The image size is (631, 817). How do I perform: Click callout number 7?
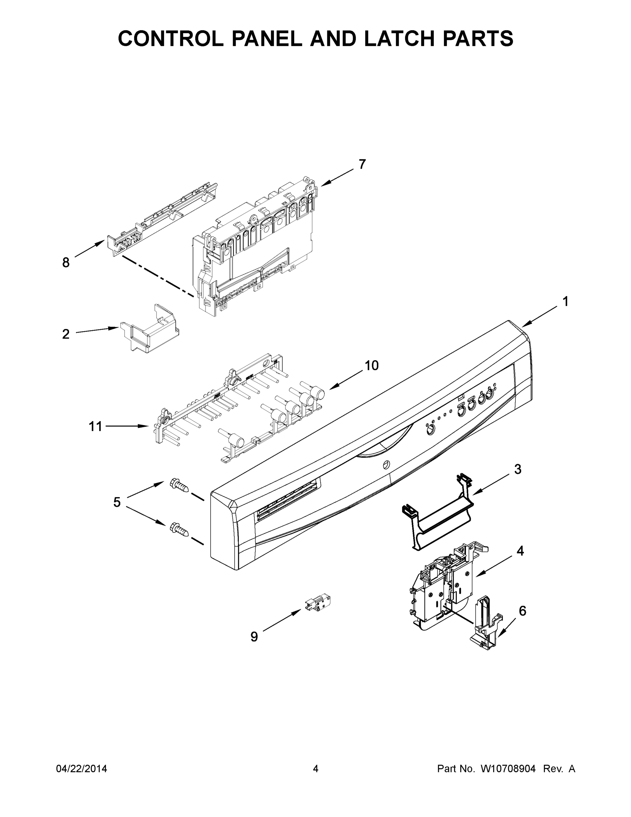click(x=362, y=164)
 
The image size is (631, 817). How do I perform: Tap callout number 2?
click(x=66, y=334)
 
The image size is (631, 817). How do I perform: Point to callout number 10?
click(x=371, y=365)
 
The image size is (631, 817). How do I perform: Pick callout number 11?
click(x=95, y=426)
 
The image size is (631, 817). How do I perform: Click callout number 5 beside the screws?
click(x=117, y=502)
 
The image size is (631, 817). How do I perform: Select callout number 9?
click(x=254, y=636)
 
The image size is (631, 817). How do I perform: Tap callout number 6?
click(x=522, y=611)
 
